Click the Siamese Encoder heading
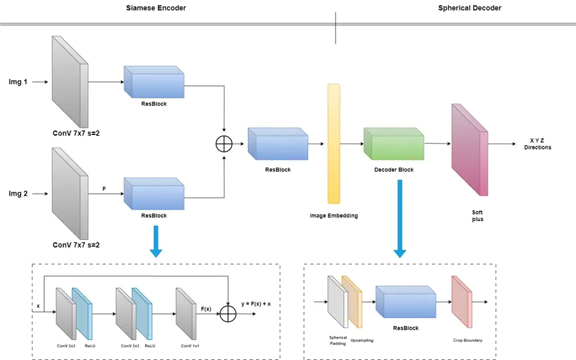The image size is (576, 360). [x=156, y=8]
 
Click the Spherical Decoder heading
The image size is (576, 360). [x=470, y=8]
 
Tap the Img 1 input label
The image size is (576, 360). [x=17, y=82]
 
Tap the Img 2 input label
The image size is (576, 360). [x=17, y=194]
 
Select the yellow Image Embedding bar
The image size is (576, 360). [x=334, y=143]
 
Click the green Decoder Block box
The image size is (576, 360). [x=394, y=144]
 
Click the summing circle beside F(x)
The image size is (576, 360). [x=229, y=311]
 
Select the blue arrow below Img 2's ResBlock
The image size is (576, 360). [x=156, y=241]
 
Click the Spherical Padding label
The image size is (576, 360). [x=339, y=341]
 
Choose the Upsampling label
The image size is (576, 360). [x=362, y=341]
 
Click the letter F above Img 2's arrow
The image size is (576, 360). [x=104, y=189]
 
